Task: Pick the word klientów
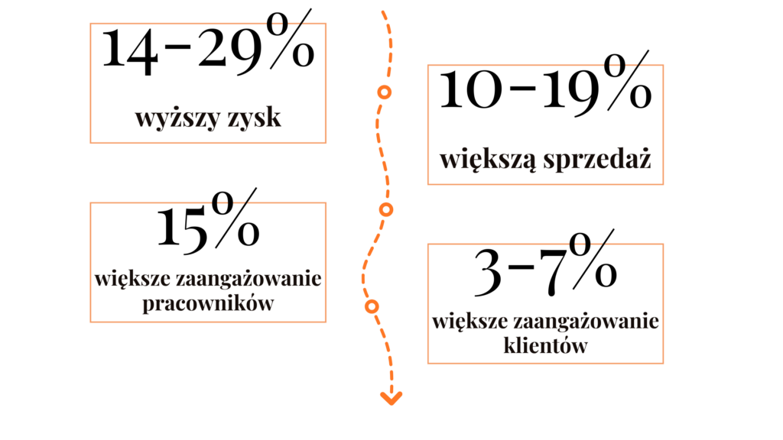(546, 345)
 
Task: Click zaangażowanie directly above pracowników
(251, 279)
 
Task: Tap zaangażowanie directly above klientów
(588, 321)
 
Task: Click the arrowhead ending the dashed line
(391, 398)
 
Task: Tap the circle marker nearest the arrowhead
(372, 306)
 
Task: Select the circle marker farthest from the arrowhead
(385, 93)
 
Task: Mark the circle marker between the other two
(386, 209)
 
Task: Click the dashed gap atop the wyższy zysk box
(283, 24)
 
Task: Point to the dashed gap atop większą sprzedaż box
(621, 65)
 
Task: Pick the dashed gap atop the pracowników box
(232, 202)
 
